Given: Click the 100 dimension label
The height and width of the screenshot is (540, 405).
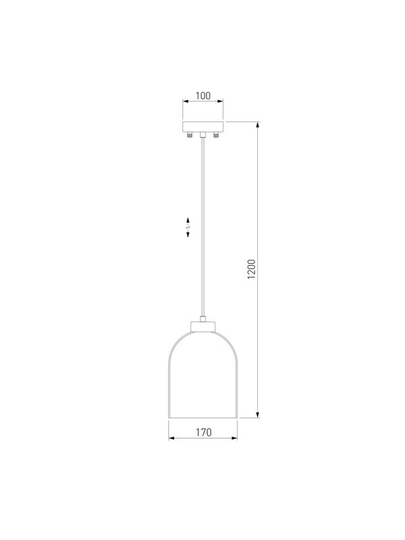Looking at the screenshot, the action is click(203, 96).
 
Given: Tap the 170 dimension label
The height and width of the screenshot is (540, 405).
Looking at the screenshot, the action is click(204, 432).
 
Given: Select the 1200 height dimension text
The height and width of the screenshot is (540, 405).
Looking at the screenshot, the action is click(252, 269).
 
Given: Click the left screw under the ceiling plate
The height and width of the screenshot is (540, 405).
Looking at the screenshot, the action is click(189, 134).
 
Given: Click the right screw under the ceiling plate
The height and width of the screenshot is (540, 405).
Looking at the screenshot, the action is click(216, 134).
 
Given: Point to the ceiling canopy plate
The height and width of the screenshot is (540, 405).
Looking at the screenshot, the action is click(203, 126).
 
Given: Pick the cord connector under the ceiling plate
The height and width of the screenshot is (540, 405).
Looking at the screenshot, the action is click(203, 134).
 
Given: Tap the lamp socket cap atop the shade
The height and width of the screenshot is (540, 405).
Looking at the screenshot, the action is click(203, 327).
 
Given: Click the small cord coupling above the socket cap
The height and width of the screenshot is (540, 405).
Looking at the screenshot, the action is click(203, 319).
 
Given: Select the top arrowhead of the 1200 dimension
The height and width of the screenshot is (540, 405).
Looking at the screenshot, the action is click(258, 125).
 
